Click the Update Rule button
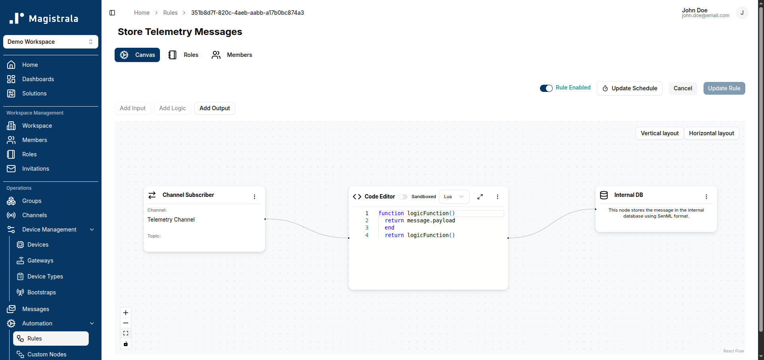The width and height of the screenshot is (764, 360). pyautogui.click(x=724, y=88)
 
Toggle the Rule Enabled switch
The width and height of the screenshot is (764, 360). pyautogui.click(x=546, y=88)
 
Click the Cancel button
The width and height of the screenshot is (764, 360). pyautogui.click(x=683, y=88)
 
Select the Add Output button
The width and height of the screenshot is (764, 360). pyautogui.click(x=215, y=108)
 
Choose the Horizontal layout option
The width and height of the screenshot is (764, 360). pyautogui.click(x=711, y=133)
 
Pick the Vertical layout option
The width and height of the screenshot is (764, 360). pyautogui.click(x=660, y=133)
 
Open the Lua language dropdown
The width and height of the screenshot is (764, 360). pyautogui.click(x=454, y=197)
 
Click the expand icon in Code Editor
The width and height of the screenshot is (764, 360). pyautogui.click(x=480, y=197)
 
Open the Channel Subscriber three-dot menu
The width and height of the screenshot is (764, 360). pyautogui.click(x=255, y=197)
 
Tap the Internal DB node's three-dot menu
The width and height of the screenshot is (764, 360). pyautogui.click(x=706, y=197)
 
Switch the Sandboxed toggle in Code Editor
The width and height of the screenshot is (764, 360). pyautogui.click(x=403, y=197)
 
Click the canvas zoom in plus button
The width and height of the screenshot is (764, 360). pyautogui.click(x=126, y=313)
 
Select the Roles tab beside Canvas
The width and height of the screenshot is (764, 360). pyautogui.click(x=183, y=55)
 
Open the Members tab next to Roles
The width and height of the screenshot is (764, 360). pyautogui.click(x=232, y=55)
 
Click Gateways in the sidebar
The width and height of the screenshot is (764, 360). pyautogui.click(x=40, y=261)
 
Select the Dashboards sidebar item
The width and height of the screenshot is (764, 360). pyautogui.click(x=38, y=79)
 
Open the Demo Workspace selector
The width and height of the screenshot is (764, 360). pyautogui.click(x=51, y=42)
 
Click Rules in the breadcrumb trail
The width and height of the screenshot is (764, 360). pyautogui.click(x=170, y=13)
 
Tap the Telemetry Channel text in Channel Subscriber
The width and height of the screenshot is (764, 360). pyautogui.click(x=171, y=220)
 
